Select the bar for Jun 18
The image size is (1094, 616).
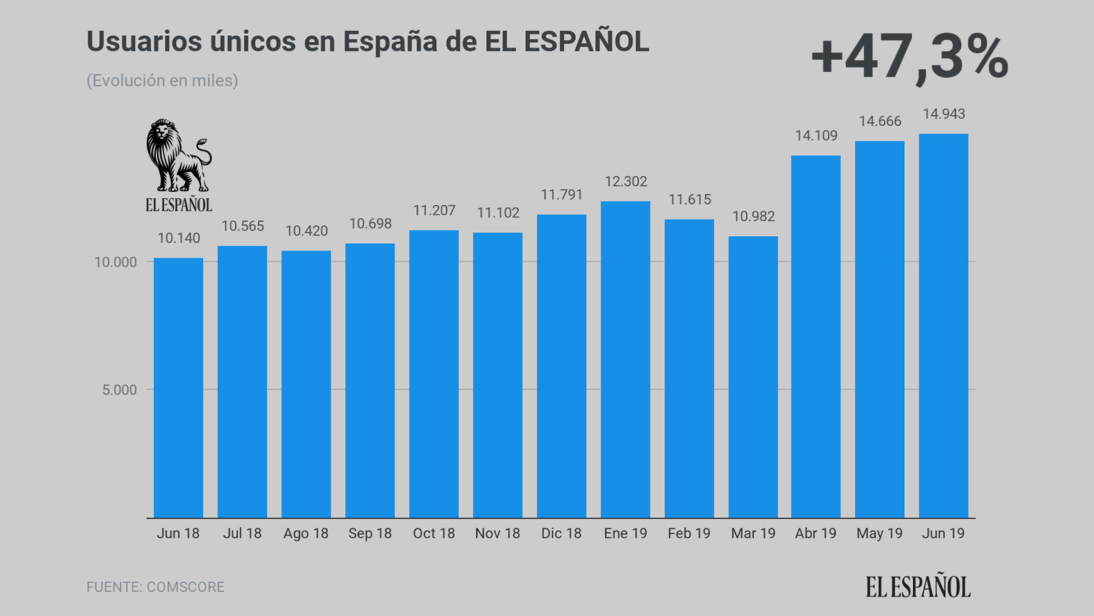[x=178, y=388]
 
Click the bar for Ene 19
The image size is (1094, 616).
[x=625, y=359]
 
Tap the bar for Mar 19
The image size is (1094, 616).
[x=753, y=377]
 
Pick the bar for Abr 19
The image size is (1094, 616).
[x=816, y=336]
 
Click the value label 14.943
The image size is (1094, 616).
[x=943, y=114]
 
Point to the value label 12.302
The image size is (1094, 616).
[x=626, y=182]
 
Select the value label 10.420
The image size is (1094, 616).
[x=307, y=231]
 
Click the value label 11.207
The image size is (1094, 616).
[x=434, y=210]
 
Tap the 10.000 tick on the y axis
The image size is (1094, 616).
[x=116, y=262]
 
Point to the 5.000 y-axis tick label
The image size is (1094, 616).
[x=120, y=390]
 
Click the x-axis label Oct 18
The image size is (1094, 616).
[x=434, y=534]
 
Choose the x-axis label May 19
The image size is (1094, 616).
[x=879, y=534]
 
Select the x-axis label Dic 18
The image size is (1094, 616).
[x=561, y=534]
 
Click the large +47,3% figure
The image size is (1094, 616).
[x=909, y=58]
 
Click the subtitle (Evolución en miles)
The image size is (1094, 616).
[x=162, y=81]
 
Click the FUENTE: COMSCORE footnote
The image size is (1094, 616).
[x=156, y=587]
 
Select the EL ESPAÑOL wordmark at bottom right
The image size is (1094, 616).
[x=918, y=586]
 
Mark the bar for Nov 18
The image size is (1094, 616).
[x=498, y=375]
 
